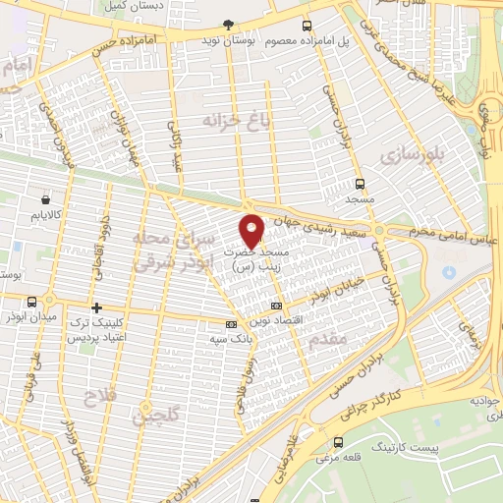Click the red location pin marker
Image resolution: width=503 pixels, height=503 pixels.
pos(252,230)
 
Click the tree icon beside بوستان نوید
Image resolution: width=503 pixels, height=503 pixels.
pos(229,24)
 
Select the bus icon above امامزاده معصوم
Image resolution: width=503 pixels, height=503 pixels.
pos(307,26)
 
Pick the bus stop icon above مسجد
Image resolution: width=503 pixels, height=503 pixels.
pos(361,183)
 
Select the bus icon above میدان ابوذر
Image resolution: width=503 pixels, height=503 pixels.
pos(33,302)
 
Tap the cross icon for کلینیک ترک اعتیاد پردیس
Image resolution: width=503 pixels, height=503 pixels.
pos(95,308)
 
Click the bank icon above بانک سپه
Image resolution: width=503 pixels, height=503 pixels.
pos(231,324)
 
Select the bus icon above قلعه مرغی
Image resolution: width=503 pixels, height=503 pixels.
pos(339,442)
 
